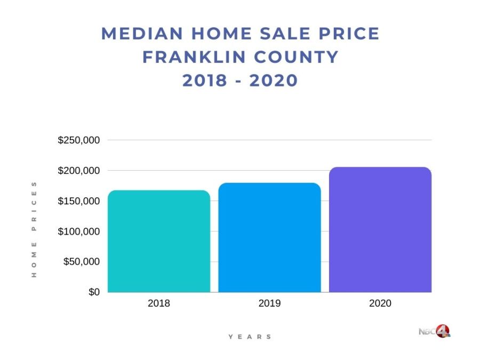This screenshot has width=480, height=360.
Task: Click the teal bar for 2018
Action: click(159, 241)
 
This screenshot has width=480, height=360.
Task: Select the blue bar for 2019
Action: click(269, 237)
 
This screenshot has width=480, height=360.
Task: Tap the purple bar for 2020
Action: click(380, 229)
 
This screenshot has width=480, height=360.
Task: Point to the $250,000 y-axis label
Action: click(78, 140)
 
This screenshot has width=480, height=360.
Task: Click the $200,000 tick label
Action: click(78, 171)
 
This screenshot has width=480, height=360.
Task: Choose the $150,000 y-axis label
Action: click(78, 201)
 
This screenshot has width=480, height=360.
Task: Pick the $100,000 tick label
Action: click(78, 231)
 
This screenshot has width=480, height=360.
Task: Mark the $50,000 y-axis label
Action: click(81, 262)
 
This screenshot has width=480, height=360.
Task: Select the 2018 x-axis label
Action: click(159, 303)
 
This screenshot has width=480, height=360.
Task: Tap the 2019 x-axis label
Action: click(269, 303)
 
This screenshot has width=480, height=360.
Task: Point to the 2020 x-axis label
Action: click(380, 303)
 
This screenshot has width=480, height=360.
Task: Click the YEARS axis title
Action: click(250, 337)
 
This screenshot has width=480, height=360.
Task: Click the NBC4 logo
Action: click(435, 331)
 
